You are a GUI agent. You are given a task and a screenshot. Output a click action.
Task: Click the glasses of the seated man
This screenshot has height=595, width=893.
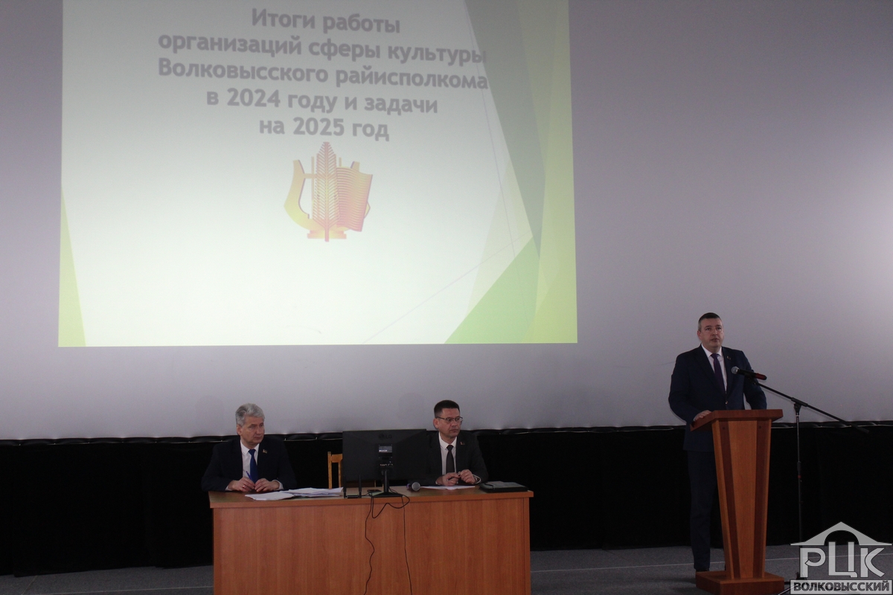(449, 419)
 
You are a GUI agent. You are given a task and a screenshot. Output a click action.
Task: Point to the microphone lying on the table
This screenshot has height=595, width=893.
(414, 486)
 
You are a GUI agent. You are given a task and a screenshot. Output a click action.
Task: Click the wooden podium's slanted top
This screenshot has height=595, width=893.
(736, 419)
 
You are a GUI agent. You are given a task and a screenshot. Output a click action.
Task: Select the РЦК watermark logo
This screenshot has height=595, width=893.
(840, 557)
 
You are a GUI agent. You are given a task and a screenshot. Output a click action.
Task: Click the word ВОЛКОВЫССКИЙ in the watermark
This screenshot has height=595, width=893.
(840, 587)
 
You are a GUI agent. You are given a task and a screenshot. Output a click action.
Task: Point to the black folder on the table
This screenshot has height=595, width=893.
(502, 486)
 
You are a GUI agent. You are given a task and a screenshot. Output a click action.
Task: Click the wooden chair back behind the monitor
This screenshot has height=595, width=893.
(334, 470)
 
